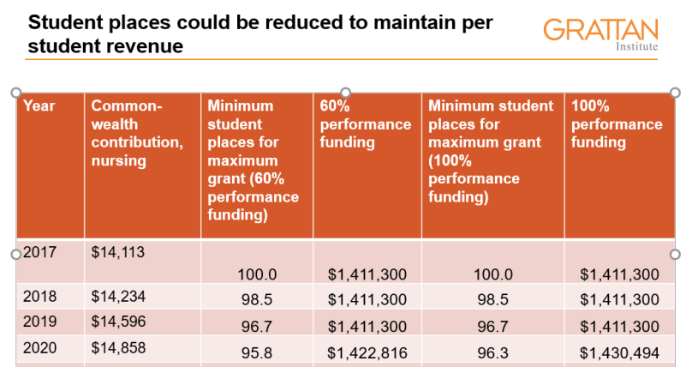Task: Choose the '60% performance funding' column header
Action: tap(365, 124)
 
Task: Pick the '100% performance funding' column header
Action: tap(617, 124)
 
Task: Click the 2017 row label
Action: tap(39, 252)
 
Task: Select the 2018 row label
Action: tap(39, 297)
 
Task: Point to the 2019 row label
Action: tap(39, 322)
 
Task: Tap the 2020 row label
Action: tap(39, 346)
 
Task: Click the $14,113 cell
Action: tap(118, 252)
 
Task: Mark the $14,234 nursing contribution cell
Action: tap(118, 297)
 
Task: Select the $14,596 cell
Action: tap(118, 322)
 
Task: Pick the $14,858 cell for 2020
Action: tap(118, 346)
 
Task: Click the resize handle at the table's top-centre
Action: tap(346, 92)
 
